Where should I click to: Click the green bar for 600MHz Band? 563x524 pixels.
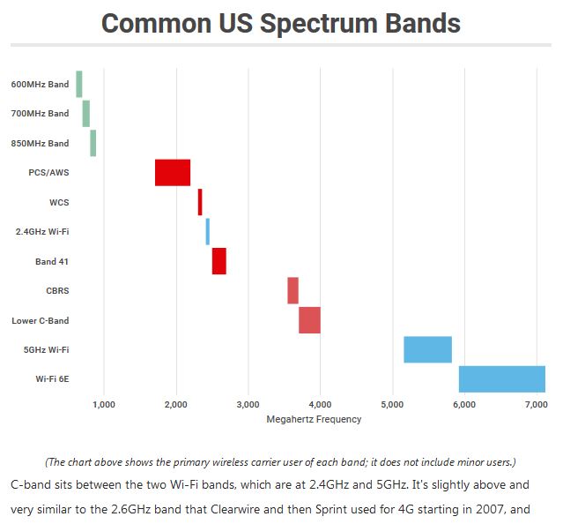coord(79,84)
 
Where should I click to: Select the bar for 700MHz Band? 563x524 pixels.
coord(85,114)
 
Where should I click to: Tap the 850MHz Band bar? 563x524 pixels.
coord(93,143)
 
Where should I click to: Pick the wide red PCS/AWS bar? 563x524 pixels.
coord(173,173)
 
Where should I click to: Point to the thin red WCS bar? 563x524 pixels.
coord(200,202)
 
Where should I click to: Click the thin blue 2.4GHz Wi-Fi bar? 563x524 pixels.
coord(208,232)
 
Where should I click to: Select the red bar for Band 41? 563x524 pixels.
coord(219,261)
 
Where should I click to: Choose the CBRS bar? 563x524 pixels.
coord(293,290)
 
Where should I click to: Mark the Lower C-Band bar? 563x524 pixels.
coord(309,320)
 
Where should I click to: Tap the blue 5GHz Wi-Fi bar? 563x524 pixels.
coord(427,349)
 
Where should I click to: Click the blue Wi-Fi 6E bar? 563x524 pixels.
coord(501,378)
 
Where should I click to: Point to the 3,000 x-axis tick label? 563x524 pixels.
coord(248,405)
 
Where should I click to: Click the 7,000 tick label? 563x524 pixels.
coord(536,405)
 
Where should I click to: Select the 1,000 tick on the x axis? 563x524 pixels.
coord(104,405)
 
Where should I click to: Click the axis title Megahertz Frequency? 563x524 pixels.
coord(314,419)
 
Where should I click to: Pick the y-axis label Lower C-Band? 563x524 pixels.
coord(40,320)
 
